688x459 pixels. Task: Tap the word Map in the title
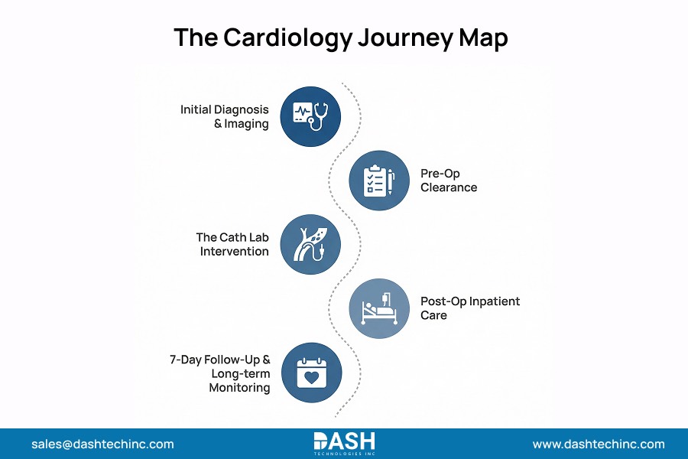[480, 37]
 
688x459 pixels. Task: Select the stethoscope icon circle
[310, 116]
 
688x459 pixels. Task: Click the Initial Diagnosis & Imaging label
[225, 116]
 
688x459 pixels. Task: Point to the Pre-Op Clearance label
[448, 181]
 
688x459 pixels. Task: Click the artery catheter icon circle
[310, 245]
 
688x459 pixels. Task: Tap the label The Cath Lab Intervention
[232, 244]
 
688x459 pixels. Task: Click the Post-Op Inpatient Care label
[469, 308]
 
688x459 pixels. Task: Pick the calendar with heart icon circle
[310, 373]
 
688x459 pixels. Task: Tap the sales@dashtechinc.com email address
[102, 444]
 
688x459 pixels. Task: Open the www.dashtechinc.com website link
[599, 444]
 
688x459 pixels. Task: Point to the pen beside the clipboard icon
[391, 181]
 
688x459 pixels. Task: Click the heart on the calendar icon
[310, 377]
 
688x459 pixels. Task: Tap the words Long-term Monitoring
[239, 380]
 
